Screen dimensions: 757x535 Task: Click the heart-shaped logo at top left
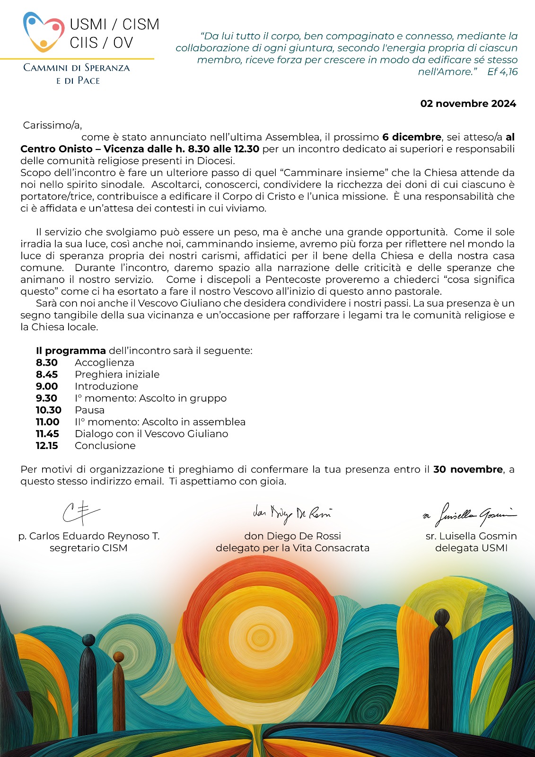click(44, 31)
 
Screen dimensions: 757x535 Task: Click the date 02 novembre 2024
click(468, 104)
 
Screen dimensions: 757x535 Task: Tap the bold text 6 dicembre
click(412, 137)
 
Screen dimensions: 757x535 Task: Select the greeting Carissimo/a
click(53, 125)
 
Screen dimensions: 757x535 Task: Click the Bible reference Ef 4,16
click(502, 72)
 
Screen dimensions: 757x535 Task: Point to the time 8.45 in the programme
click(47, 374)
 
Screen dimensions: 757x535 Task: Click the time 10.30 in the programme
click(49, 410)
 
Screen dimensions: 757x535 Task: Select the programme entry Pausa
click(89, 410)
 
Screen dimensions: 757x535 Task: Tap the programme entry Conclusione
click(105, 445)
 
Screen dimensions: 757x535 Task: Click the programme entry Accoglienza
click(104, 362)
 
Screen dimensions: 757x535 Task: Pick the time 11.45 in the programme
click(47, 433)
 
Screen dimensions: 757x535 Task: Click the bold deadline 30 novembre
click(468, 469)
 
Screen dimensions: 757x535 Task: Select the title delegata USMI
click(471, 548)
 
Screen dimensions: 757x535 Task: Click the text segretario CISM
click(88, 548)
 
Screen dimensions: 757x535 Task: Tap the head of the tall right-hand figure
click(442, 617)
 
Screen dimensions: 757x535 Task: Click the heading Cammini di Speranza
click(77, 68)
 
